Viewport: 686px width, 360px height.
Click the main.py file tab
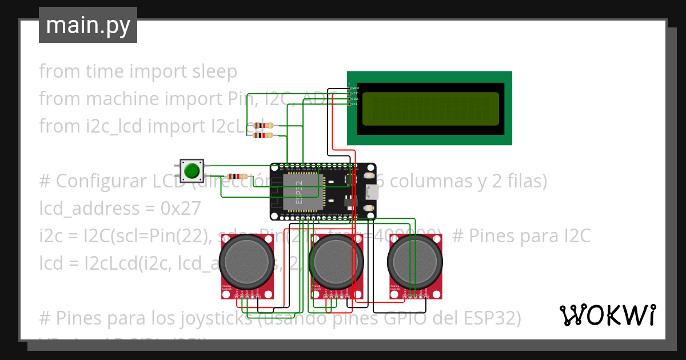(x=87, y=25)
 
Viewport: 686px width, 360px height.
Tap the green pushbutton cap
(x=192, y=170)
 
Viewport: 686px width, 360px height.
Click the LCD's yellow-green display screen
(x=430, y=109)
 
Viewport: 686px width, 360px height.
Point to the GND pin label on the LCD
(x=354, y=88)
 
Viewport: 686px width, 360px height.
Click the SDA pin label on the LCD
(x=354, y=99)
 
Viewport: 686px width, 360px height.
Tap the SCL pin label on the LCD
(x=354, y=104)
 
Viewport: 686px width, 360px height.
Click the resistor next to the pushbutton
(x=237, y=177)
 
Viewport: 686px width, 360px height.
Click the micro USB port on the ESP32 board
(x=372, y=192)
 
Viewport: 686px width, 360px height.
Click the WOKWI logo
(x=607, y=315)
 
